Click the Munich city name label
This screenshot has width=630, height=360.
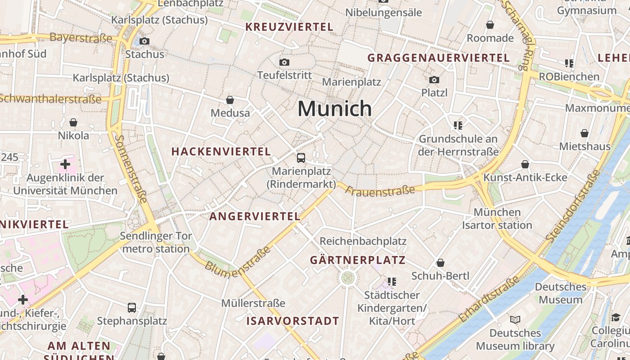[335, 108]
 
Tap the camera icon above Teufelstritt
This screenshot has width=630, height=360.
[284, 62]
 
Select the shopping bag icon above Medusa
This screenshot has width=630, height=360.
[230, 99]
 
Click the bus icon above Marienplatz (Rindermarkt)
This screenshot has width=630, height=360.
[301, 158]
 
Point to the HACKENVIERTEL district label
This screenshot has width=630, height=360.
[221, 152]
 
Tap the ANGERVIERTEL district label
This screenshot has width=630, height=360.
[255, 216]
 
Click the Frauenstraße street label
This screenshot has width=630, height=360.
[380, 190]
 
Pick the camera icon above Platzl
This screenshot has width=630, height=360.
[434, 80]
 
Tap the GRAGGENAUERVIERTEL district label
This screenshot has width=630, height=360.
[439, 58]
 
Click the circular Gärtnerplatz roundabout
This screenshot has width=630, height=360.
[347, 278]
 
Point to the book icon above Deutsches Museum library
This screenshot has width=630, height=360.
[515, 320]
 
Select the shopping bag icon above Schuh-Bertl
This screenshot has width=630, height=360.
[441, 263]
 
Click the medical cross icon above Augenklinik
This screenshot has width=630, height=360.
[65, 164]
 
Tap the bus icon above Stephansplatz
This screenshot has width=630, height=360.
[132, 308]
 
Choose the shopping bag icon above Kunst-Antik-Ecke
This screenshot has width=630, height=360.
[525, 164]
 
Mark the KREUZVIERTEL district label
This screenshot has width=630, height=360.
[289, 27]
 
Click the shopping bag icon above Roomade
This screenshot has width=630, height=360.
[490, 25]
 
